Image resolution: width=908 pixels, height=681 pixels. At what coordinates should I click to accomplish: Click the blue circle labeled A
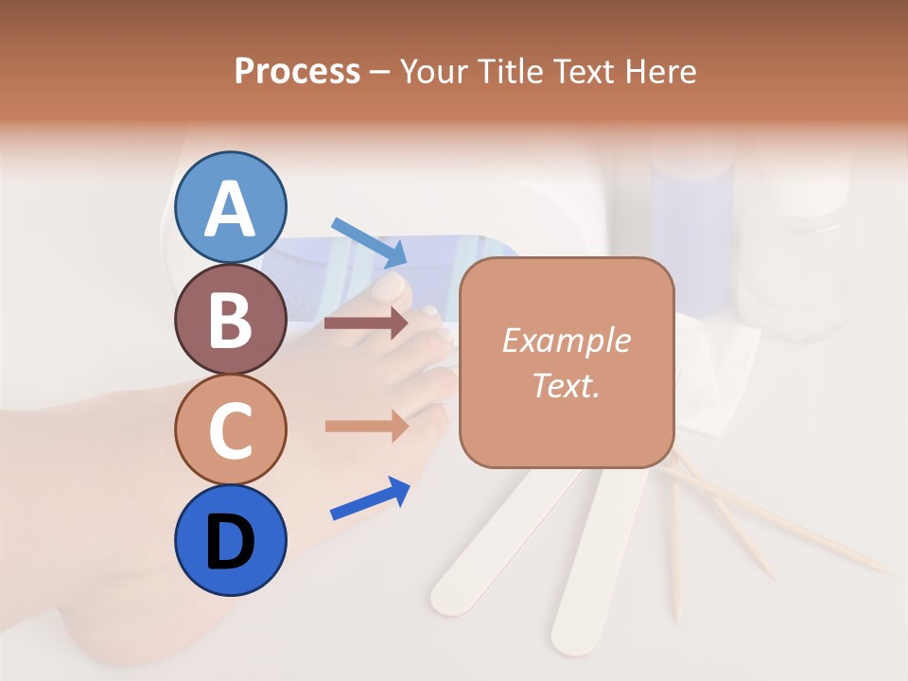(231, 207)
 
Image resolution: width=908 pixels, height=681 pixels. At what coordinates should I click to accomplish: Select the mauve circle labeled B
(231, 319)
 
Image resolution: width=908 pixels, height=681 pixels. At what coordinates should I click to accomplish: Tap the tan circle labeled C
(231, 430)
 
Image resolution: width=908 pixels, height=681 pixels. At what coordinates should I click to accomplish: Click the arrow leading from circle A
(369, 242)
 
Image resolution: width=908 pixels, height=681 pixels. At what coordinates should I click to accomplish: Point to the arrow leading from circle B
(366, 323)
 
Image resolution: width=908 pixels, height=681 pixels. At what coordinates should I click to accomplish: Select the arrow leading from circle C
(366, 427)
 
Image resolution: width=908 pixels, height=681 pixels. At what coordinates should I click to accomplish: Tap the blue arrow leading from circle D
(370, 498)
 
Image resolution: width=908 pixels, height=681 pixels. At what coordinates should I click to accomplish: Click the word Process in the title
(297, 71)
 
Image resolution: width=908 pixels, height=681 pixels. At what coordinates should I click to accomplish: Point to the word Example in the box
(566, 340)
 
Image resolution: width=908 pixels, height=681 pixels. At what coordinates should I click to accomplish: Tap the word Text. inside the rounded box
(566, 385)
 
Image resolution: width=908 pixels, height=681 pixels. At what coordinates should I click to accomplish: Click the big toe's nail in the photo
(391, 283)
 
